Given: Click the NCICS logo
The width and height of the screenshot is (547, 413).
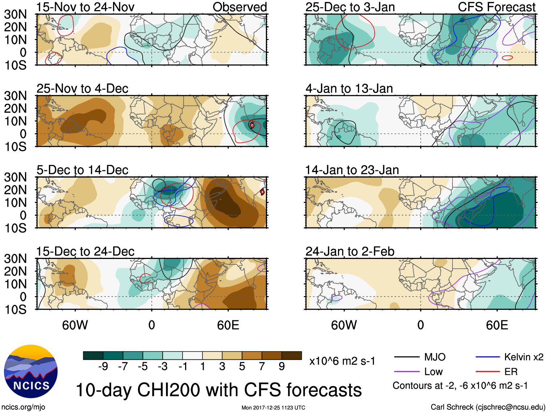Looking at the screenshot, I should click(31, 371).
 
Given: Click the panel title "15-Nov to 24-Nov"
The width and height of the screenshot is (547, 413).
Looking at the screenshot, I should click(85, 7).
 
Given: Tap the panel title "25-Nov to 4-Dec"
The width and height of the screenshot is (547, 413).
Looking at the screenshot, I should click(82, 89).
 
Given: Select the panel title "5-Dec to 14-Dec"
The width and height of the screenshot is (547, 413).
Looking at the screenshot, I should click(82, 170).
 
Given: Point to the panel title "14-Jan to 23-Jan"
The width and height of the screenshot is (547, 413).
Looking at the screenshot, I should click(352, 170).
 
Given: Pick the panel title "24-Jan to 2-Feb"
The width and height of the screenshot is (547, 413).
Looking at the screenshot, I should click(350, 251).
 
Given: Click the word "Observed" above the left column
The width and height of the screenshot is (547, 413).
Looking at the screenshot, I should click(239, 7).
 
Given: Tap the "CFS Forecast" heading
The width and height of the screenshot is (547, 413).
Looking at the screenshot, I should click(496, 7).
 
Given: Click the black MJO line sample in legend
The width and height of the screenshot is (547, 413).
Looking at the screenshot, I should click(407, 357).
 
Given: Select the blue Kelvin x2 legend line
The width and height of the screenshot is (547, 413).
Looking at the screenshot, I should click(488, 357).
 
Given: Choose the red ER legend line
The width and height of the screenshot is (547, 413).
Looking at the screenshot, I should click(488, 371).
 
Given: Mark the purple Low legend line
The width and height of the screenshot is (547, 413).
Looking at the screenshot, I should click(407, 371).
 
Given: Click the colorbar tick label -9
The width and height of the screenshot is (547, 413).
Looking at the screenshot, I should click(103, 367).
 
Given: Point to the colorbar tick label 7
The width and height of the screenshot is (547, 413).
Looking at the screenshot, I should click(262, 367).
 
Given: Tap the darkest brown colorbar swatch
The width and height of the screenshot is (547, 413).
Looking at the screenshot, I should click(292, 355).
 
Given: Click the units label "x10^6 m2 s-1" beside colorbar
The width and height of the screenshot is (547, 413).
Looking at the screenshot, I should click(342, 361).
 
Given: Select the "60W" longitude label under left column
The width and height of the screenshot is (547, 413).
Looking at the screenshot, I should click(75, 325).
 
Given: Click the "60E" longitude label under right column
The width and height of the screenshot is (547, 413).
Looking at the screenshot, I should click(497, 325).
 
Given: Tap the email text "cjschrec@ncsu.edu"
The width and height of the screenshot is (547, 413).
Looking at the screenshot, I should click(510, 407).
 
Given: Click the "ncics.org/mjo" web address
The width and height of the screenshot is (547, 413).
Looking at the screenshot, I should click(23, 407).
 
